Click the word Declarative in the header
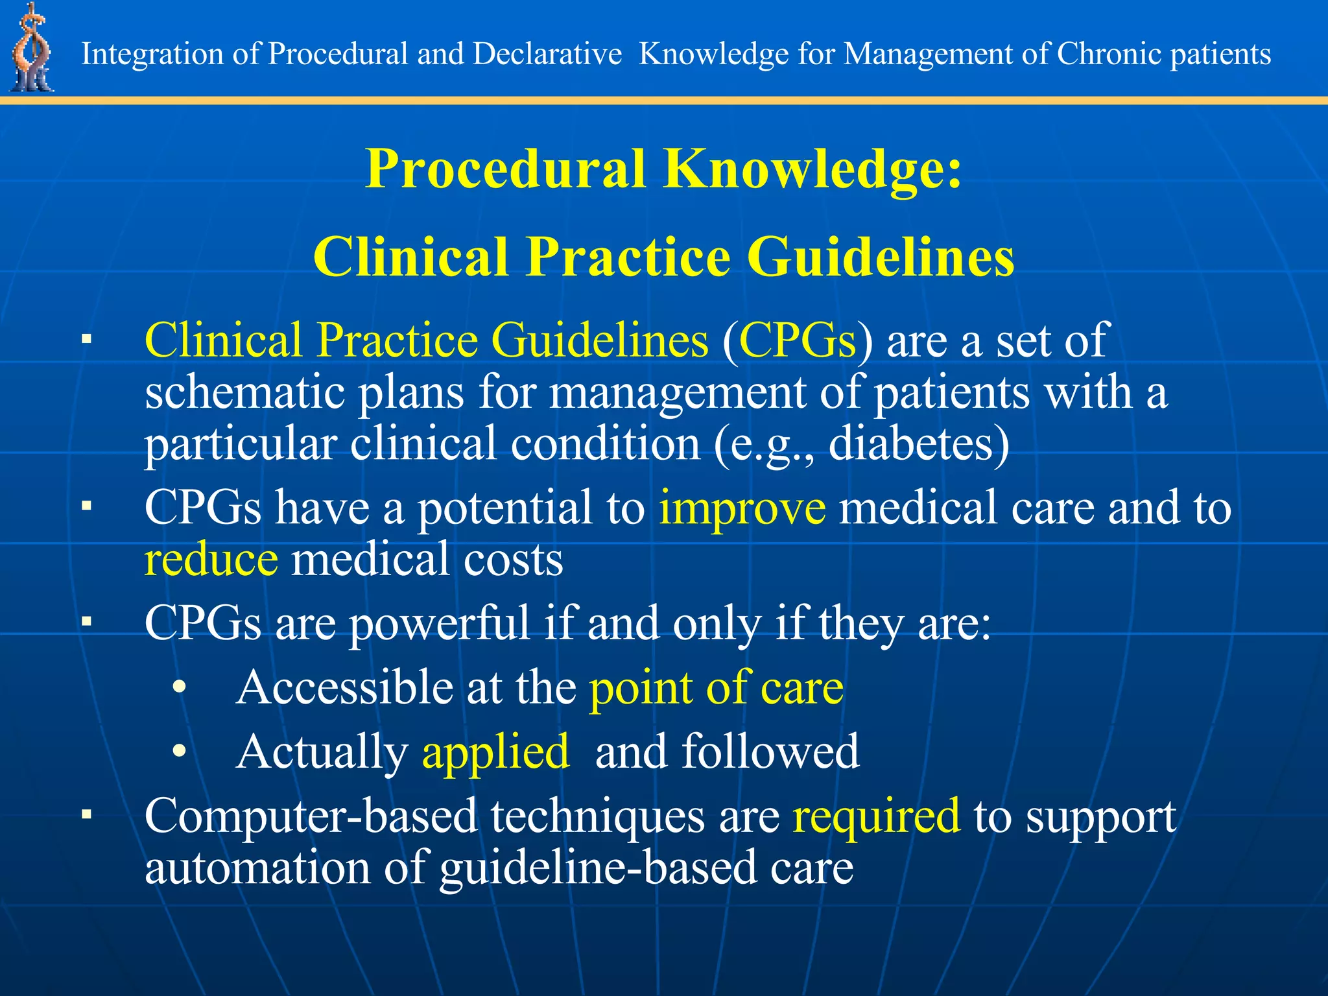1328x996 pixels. pyautogui.click(x=547, y=54)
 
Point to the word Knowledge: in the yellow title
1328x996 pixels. pyautogui.click(x=813, y=169)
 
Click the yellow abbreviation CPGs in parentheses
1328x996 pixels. pyautogui.click(x=798, y=340)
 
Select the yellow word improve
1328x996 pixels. pyautogui.click(x=742, y=507)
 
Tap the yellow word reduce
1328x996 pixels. pyautogui.click(x=211, y=559)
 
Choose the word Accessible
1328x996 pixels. pyautogui.click(x=344, y=687)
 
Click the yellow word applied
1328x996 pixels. pyautogui.click(x=495, y=752)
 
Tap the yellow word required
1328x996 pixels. pyautogui.click(x=875, y=816)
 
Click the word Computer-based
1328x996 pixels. pyautogui.click(x=311, y=816)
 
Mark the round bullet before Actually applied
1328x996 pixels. pyautogui.click(x=180, y=751)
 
